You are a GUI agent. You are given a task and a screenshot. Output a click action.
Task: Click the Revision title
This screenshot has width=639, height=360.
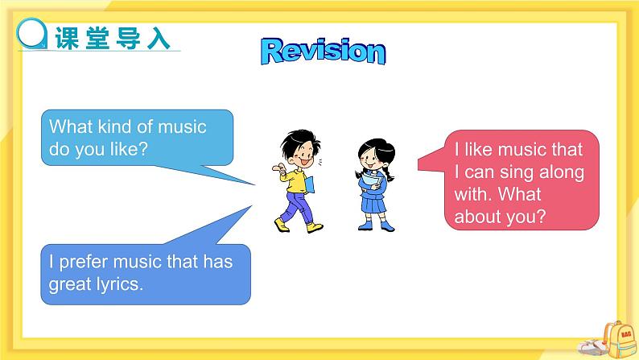[x=324, y=51]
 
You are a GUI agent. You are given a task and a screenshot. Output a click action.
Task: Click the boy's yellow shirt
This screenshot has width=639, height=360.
[x=296, y=180]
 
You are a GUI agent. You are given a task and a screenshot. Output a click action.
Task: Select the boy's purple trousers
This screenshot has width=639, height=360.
[x=299, y=207]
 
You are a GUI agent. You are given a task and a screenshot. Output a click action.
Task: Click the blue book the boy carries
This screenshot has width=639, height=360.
[x=309, y=184]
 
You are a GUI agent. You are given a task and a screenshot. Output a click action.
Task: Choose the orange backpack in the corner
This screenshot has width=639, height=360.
[x=620, y=340]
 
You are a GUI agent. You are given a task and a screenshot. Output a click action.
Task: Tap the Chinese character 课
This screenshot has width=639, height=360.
[x=67, y=39]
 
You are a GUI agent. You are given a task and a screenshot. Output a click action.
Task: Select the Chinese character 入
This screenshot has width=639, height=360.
[x=158, y=39]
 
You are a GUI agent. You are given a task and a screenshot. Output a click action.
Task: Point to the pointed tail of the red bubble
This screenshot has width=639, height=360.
[x=419, y=165]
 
